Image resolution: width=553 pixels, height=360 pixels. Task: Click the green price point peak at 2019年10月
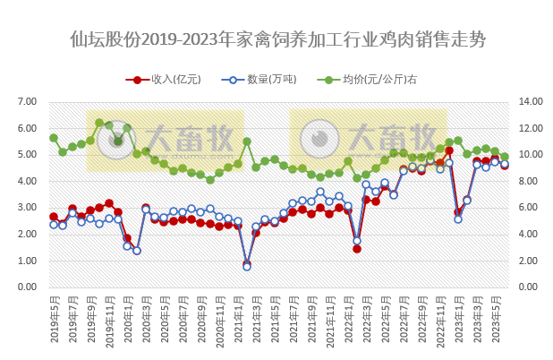tap(99, 123)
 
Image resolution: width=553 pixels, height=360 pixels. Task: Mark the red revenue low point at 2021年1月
tap(247, 264)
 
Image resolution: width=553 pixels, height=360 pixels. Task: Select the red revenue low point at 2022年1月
tap(357, 248)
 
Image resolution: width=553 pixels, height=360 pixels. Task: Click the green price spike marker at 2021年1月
tap(247, 141)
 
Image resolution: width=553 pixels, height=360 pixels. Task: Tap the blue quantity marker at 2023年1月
tap(458, 219)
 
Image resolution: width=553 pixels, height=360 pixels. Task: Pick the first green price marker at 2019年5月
tap(54, 138)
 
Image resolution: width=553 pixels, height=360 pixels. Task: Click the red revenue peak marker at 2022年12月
tap(449, 150)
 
